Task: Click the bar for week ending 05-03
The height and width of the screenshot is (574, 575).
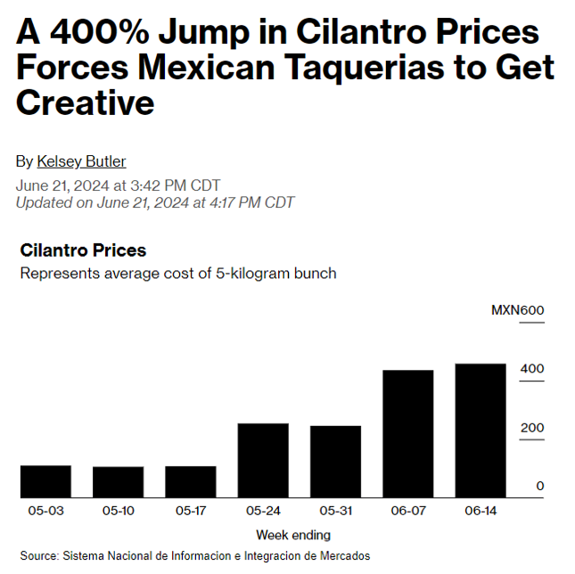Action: click(x=45, y=481)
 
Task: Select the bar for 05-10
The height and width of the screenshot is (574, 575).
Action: click(x=118, y=482)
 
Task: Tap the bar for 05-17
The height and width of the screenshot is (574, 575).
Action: click(x=191, y=482)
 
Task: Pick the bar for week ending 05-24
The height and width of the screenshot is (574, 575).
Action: click(x=263, y=461)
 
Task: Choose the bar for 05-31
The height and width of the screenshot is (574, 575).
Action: click(x=335, y=462)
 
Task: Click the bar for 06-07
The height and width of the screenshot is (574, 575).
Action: click(x=408, y=434)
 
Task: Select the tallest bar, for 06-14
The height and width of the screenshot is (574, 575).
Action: click(x=481, y=430)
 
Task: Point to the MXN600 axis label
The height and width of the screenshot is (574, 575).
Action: click(x=517, y=310)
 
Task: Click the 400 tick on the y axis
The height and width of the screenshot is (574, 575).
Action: click(x=532, y=369)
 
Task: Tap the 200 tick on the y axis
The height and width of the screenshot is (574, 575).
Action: click(x=532, y=428)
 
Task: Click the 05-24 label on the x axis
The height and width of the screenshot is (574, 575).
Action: click(x=263, y=511)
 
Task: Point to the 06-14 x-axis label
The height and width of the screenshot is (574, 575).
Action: click(x=481, y=511)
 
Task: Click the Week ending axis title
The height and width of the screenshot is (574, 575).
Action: click(x=292, y=535)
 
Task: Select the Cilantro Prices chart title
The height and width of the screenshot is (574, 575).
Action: click(x=83, y=250)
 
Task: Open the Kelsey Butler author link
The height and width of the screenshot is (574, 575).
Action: click(x=81, y=161)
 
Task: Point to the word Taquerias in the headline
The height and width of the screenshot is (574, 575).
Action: click(x=333, y=68)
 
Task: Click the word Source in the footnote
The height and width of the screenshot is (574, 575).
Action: click(x=37, y=555)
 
